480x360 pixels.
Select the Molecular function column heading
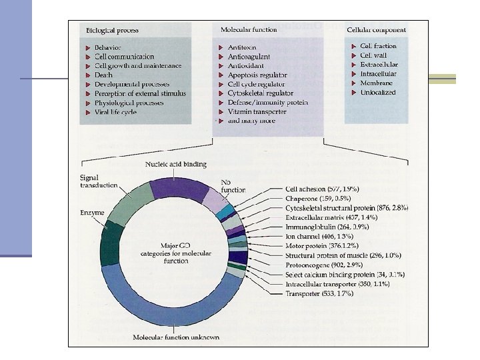click(247, 31)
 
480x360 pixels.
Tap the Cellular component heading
click(377, 31)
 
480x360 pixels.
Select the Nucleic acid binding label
click(175, 164)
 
